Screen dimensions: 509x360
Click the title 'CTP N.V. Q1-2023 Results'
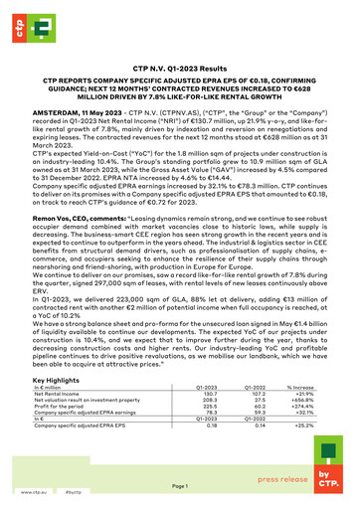pyautogui.click(x=179, y=65)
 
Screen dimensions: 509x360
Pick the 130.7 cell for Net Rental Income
pyautogui.click(x=210, y=394)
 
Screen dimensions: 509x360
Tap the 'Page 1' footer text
pyautogui.click(x=179, y=485)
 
